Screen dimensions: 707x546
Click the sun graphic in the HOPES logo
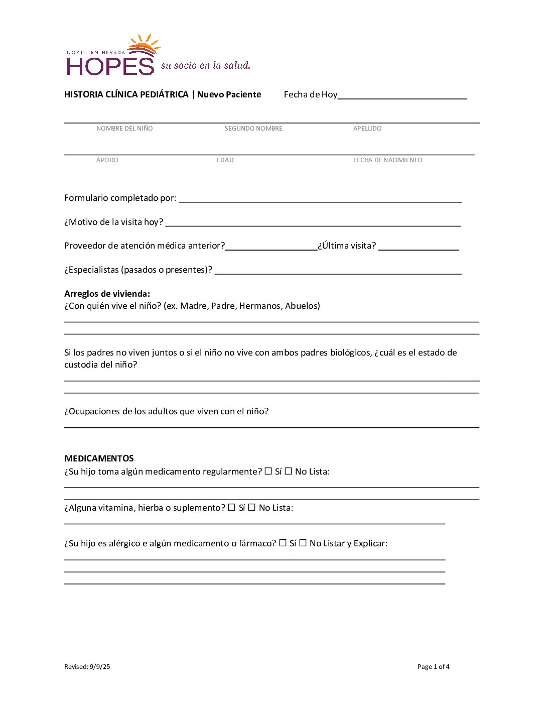click(145, 45)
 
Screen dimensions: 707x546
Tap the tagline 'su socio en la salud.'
click(205, 66)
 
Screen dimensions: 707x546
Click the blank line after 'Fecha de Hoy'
click(402, 95)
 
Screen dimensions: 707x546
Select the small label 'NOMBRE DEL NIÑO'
click(124, 129)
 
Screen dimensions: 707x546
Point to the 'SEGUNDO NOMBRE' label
click(253, 129)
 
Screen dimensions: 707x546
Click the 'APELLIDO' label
click(367, 129)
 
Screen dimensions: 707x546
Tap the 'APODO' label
click(107, 160)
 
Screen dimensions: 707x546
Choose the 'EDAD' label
click(225, 160)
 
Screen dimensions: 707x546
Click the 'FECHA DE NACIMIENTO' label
click(387, 160)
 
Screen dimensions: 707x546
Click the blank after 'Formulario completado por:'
click(320, 199)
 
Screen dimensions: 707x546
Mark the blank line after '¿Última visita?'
click(419, 247)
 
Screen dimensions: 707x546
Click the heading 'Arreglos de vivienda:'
click(107, 294)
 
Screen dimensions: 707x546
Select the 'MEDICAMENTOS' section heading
click(99, 458)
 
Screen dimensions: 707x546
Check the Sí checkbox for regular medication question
click(268, 471)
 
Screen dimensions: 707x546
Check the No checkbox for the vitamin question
click(252, 507)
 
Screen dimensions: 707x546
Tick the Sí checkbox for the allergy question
click(283, 543)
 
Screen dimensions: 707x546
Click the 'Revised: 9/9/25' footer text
click(87, 667)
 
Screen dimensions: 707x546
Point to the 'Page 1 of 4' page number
click(434, 667)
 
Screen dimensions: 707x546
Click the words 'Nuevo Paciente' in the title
click(229, 94)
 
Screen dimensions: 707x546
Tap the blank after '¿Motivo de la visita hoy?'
click(313, 222)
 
